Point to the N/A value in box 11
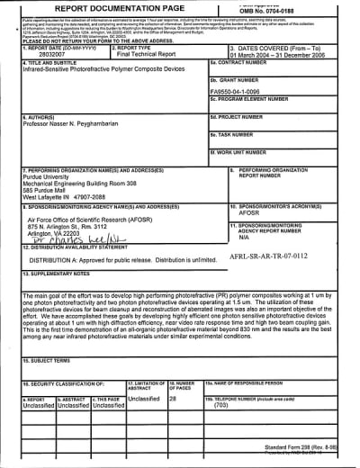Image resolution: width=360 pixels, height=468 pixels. point(243,237)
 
